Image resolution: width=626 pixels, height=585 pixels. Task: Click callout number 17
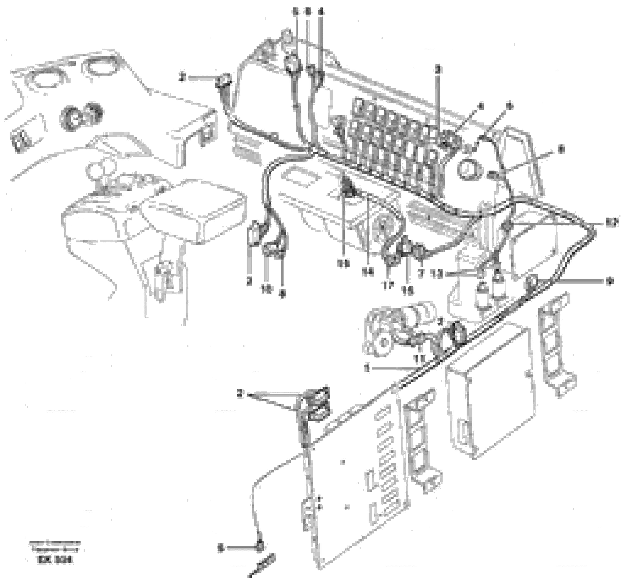tap(388, 285)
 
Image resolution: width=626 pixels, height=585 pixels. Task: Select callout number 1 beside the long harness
tap(366, 368)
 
